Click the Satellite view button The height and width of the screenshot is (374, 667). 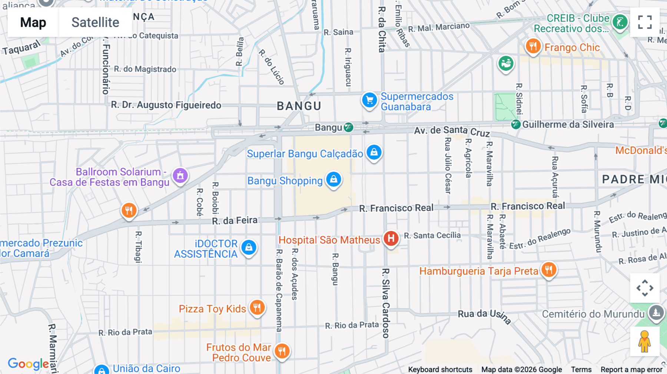(95, 22)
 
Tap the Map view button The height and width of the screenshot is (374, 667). (33, 22)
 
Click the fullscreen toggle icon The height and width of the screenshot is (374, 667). (645, 22)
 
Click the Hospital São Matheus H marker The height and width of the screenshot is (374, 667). (391, 238)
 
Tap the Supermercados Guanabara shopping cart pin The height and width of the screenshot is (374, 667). (369, 100)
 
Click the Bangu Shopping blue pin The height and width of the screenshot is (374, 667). (333, 179)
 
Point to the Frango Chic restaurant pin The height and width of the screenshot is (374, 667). (533, 46)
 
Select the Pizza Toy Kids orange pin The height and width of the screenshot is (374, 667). (257, 307)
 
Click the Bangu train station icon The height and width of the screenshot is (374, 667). (348, 127)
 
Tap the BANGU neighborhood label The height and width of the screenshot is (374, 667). (299, 106)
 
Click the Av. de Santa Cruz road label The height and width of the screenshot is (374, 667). (452, 131)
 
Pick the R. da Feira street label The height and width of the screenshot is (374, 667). (235, 221)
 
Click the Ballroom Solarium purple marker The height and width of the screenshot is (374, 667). (180, 176)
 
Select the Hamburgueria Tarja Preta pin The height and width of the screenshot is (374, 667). (549, 269)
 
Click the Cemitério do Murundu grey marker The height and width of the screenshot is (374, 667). (656, 312)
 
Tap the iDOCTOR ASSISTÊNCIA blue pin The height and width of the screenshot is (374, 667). (249, 247)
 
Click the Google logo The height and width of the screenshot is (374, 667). (28, 364)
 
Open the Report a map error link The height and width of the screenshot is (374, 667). (631, 370)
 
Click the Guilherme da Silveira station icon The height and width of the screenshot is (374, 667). (515, 124)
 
